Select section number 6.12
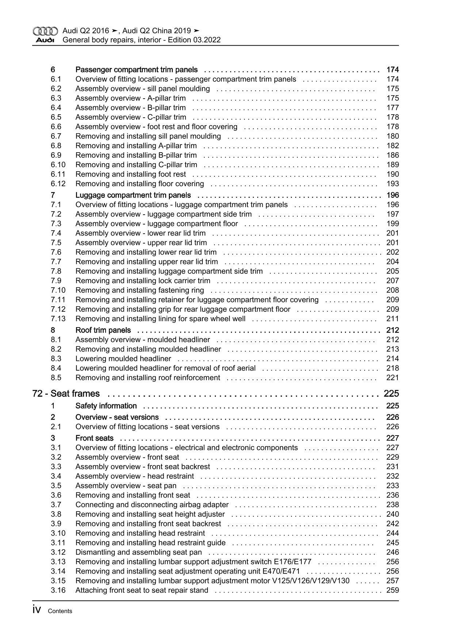[58, 184]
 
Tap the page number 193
[392, 184]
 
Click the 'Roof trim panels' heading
[103, 330]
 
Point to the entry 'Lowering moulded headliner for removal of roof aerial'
[165, 368]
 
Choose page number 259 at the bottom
[392, 590]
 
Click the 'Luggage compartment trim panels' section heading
[133, 195]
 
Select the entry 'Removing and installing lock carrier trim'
[143, 280]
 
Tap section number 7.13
[58, 318]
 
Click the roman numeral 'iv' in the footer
[37, 610]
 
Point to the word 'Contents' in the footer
[60, 611]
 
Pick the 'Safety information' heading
[106, 406]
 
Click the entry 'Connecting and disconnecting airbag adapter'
[152, 505]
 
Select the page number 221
[392, 378]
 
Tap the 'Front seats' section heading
[94, 438]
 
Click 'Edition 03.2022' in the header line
[194, 40]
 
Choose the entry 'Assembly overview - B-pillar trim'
[130, 107]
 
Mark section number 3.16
[58, 590]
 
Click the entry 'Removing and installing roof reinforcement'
[148, 378]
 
